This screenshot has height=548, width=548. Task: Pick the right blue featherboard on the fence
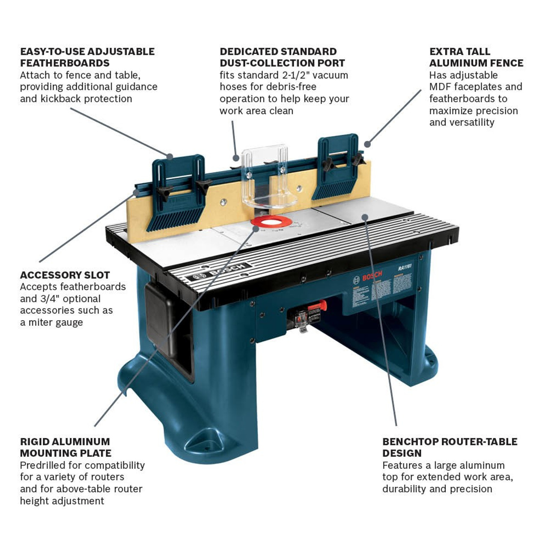click(x=337, y=168)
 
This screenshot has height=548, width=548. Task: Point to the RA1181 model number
click(x=405, y=268)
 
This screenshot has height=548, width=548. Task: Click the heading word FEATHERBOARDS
click(x=65, y=63)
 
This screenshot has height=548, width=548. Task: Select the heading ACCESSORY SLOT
click(x=65, y=275)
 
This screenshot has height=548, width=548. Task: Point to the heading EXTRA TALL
click(x=459, y=51)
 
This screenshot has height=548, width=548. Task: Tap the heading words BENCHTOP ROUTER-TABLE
click(x=450, y=441)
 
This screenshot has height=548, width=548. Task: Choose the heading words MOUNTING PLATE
click(x=66, y=453)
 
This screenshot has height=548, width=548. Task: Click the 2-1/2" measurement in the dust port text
click(x=300, y=75)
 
